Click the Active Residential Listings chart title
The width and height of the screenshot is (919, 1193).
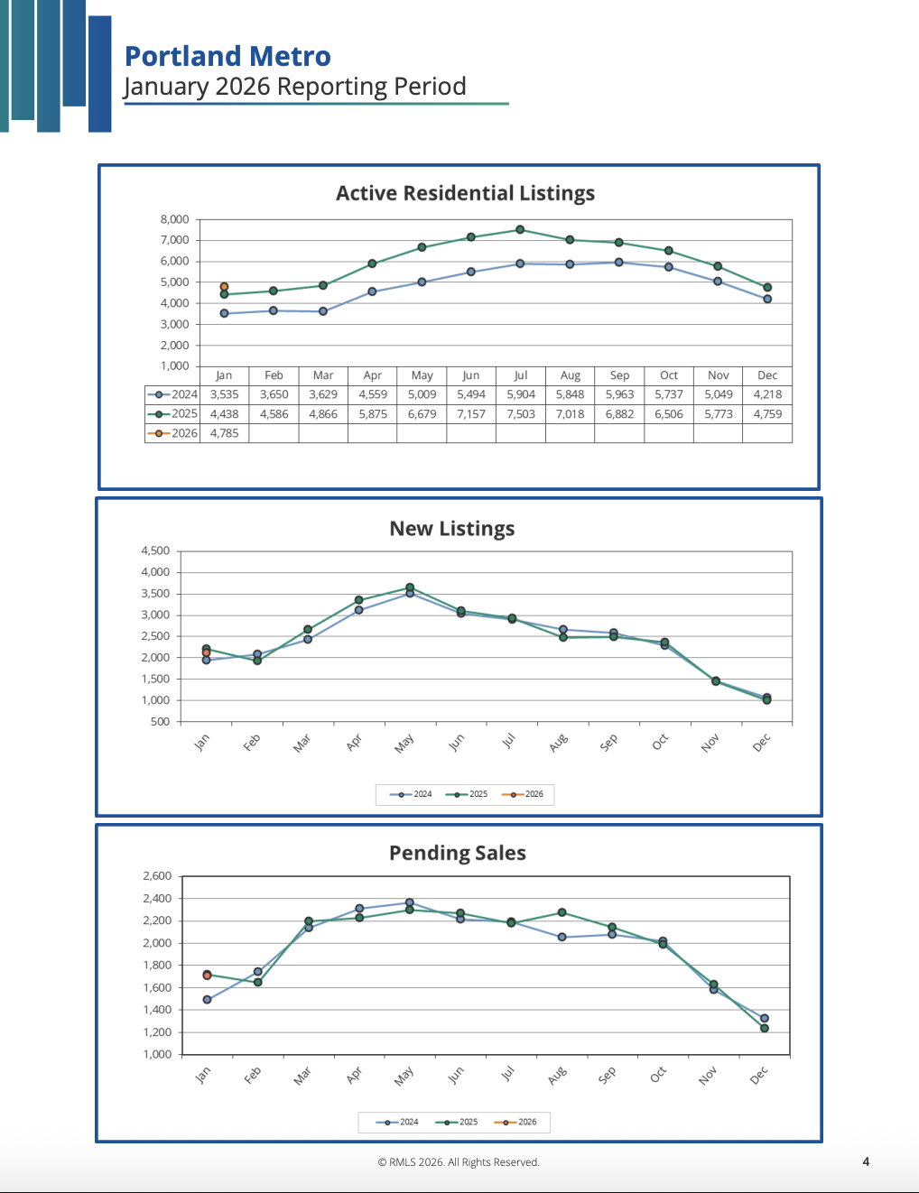tap(465, 193)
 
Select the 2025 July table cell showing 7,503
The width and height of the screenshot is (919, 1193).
tap(521, 414)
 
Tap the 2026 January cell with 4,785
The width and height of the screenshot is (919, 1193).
tap(225, 433)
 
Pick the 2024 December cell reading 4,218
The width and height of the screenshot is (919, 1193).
tap(767, 394)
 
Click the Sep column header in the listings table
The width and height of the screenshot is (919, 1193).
tap(619, 375)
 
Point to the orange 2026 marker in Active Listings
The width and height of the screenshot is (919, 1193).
tap(225, 287)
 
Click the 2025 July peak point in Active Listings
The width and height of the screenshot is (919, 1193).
tap(520, 230)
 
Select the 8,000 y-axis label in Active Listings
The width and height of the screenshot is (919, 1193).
tap(175, 219)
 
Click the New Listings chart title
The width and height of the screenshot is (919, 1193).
tap(451, 529)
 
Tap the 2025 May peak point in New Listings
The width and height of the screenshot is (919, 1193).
tap(410, 587)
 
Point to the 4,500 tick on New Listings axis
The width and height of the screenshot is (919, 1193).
tap(155, 550)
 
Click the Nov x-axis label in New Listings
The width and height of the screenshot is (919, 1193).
tap(710, 743)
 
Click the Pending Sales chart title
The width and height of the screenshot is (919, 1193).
tap(457, 853)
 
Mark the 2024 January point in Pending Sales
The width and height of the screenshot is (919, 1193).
tap(208, 1000)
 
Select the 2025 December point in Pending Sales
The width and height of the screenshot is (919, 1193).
tap(765, 1029)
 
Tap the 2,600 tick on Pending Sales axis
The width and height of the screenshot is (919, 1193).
tap(157, 876)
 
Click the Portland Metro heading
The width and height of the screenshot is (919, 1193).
tap(227, 56)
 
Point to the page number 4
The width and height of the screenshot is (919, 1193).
tap(866, 1161)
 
